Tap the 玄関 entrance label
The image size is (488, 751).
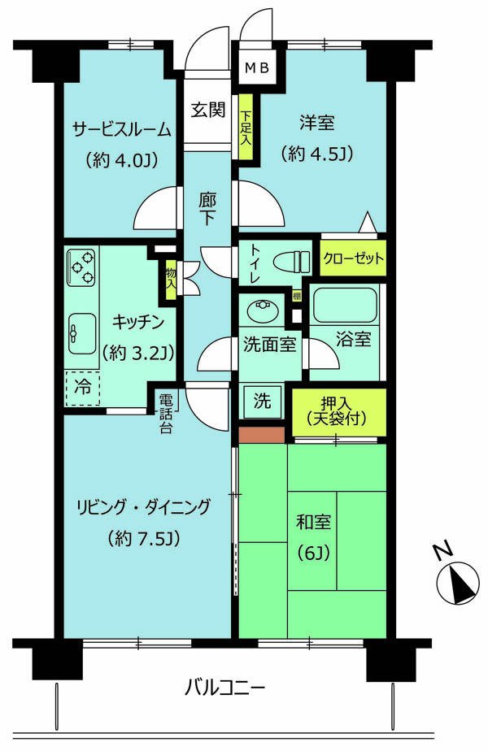(208, 110)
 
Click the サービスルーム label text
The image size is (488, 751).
(121, 129)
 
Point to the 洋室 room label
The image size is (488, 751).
(317, 124)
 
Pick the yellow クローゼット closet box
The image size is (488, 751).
(352, 259)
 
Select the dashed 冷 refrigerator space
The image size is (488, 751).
(83, 388)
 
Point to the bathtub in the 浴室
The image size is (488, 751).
(345, 306)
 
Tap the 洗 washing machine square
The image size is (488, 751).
(264, 401)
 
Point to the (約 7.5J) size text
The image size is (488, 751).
(142, 538)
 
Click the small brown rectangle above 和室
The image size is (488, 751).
(261, 434)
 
